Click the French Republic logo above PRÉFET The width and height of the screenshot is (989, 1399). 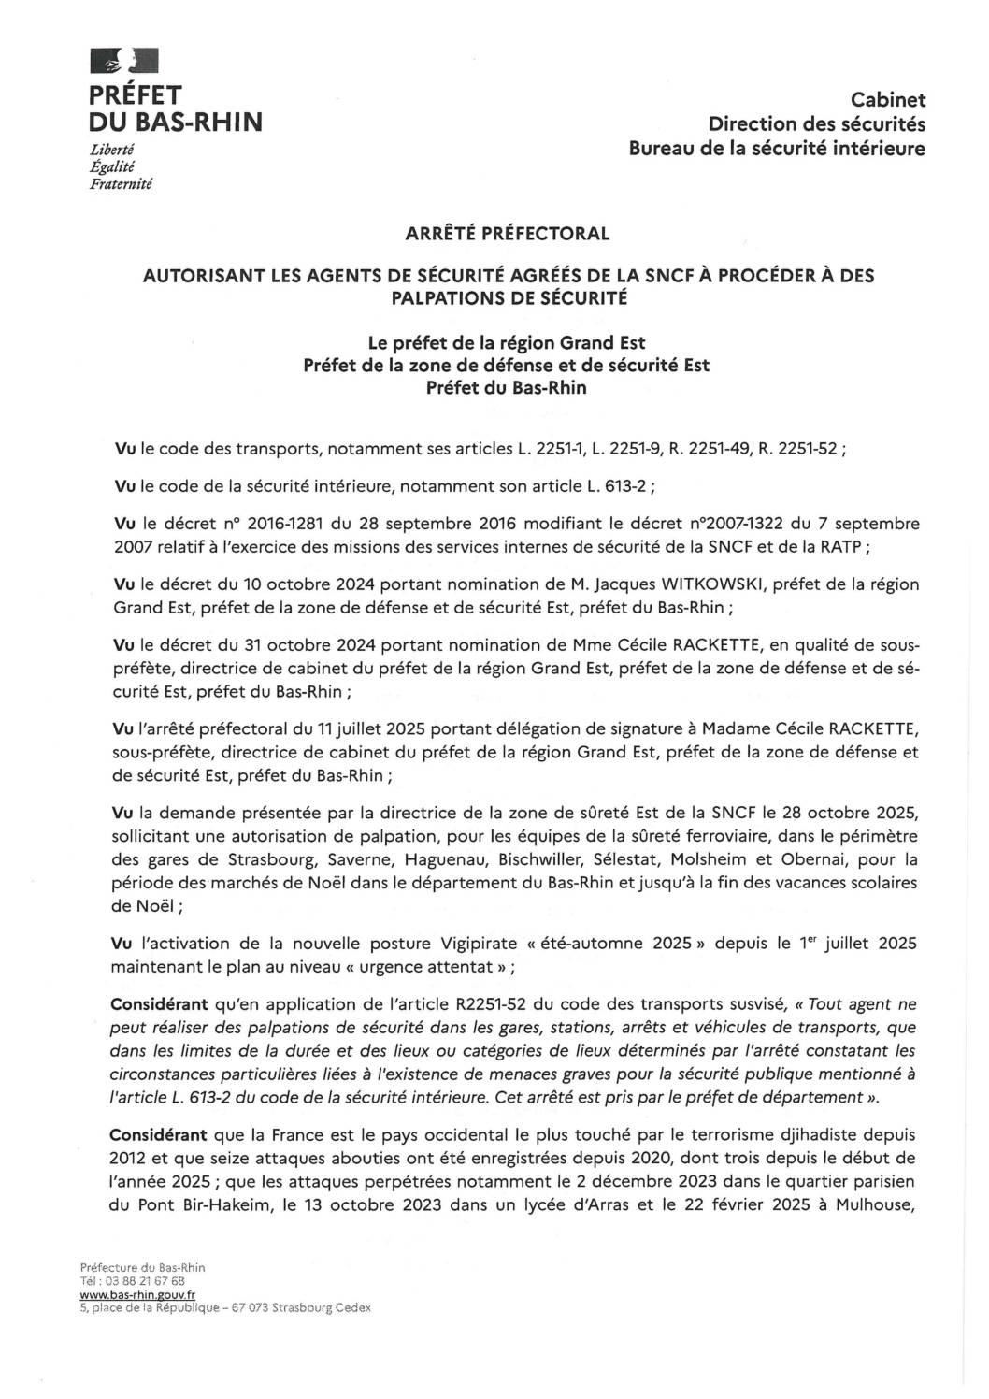[x=124, y=62]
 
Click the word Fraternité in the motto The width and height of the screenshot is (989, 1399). [x=121, y=183]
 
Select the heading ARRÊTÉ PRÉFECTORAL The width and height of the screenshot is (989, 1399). [x=508, y=234]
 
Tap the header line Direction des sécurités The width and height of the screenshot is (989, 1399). [x=816, y=123]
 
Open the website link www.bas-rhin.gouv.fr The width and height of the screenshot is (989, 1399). [x=138, y=1293]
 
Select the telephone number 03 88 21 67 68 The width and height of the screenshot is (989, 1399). [x=146, y=1280]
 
